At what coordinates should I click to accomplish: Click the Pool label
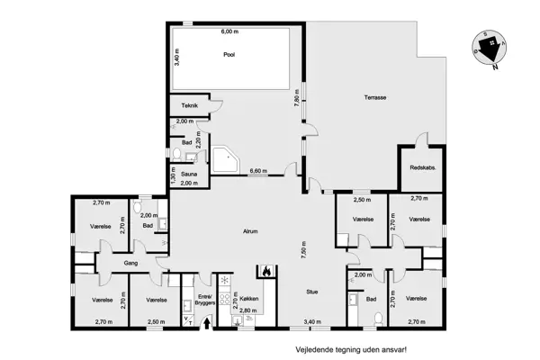coord(229,54)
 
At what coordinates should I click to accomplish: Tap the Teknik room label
coord(189,105)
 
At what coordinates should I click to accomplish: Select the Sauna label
coord(189,174)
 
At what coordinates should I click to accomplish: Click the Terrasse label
coord(375,97)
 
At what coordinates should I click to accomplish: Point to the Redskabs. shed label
coord(423,167)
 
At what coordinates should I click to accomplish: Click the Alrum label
coord(250,231)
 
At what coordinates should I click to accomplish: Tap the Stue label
coord(312,292)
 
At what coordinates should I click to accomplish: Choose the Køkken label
coord(248,299)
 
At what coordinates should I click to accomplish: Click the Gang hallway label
coord(130,263)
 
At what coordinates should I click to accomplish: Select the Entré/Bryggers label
coord(205,300)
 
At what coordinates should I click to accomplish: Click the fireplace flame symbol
coord(266,272)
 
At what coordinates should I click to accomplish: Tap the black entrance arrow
coord(207,323)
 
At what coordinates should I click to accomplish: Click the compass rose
coord(489,48)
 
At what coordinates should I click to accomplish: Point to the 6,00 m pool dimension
coord(229,31)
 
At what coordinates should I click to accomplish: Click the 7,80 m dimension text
coord(297,98)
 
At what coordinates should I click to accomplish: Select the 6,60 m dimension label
coord(258,171)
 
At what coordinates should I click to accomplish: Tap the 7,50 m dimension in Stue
coord(303,250)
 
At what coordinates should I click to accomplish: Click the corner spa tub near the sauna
coord(226,159)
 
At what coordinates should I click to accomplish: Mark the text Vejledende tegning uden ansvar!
coord(351,350)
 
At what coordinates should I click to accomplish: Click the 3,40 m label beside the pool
coord(176,58)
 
